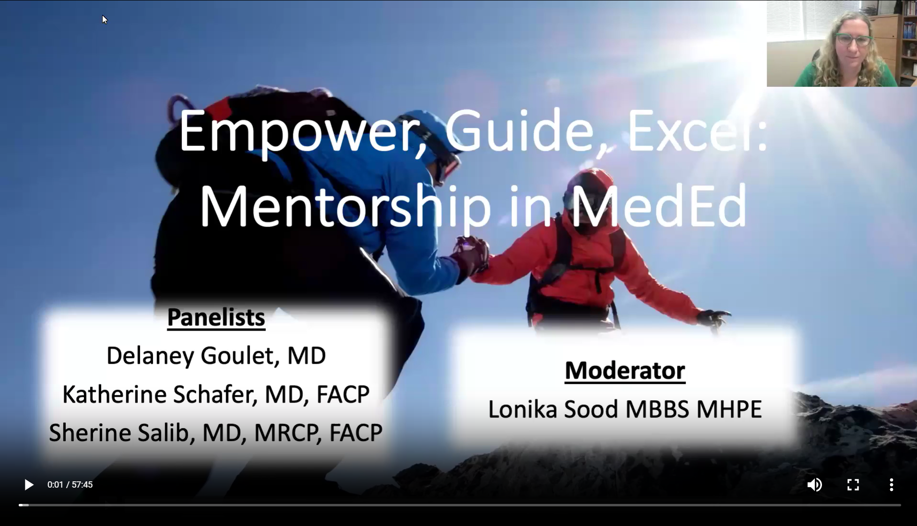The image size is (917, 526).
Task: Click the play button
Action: click(x=29, y=485)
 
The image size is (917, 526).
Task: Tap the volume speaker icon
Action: click(x=814, y=485)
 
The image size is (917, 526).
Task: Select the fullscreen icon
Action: click(x=853, y=485)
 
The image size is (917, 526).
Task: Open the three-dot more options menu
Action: click(x=891, y=485)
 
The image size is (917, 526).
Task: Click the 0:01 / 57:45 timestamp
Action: click(x=70, y=485)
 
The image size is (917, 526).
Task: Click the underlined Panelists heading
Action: click(x=216, y=317)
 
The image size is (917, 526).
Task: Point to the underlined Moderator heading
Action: click(x=625, y=371)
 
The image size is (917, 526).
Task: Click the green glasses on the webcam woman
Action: click(x=853, y=39)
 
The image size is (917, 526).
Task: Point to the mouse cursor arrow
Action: click(x=105, y=20)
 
